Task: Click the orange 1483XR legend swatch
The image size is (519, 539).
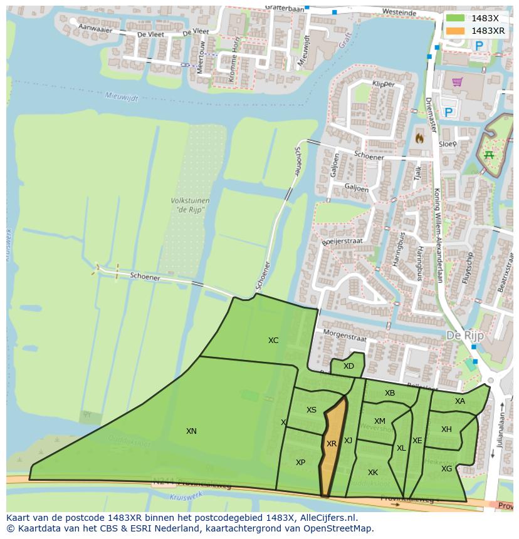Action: point(456,31)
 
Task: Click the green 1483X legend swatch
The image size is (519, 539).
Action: point(456,18)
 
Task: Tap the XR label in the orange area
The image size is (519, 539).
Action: point(332,443)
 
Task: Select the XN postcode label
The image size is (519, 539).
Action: point(191,431)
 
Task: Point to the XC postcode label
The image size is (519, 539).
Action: point(273,341)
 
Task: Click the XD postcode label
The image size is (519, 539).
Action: point(349,366)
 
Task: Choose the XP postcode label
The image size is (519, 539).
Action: point(300,462)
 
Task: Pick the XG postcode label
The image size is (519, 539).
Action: point(446,468)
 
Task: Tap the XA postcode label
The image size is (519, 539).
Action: point(460,401)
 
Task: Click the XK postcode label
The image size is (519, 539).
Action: point(373,473)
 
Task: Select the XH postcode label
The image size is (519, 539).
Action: point(446,429)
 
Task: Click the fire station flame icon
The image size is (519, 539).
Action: point(419,137)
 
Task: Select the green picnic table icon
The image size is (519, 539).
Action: point(489,155)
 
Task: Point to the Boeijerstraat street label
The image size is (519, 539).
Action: point(342,238)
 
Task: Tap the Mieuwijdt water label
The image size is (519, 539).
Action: point(120,96)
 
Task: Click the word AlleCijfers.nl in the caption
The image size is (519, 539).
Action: point(327,518)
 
